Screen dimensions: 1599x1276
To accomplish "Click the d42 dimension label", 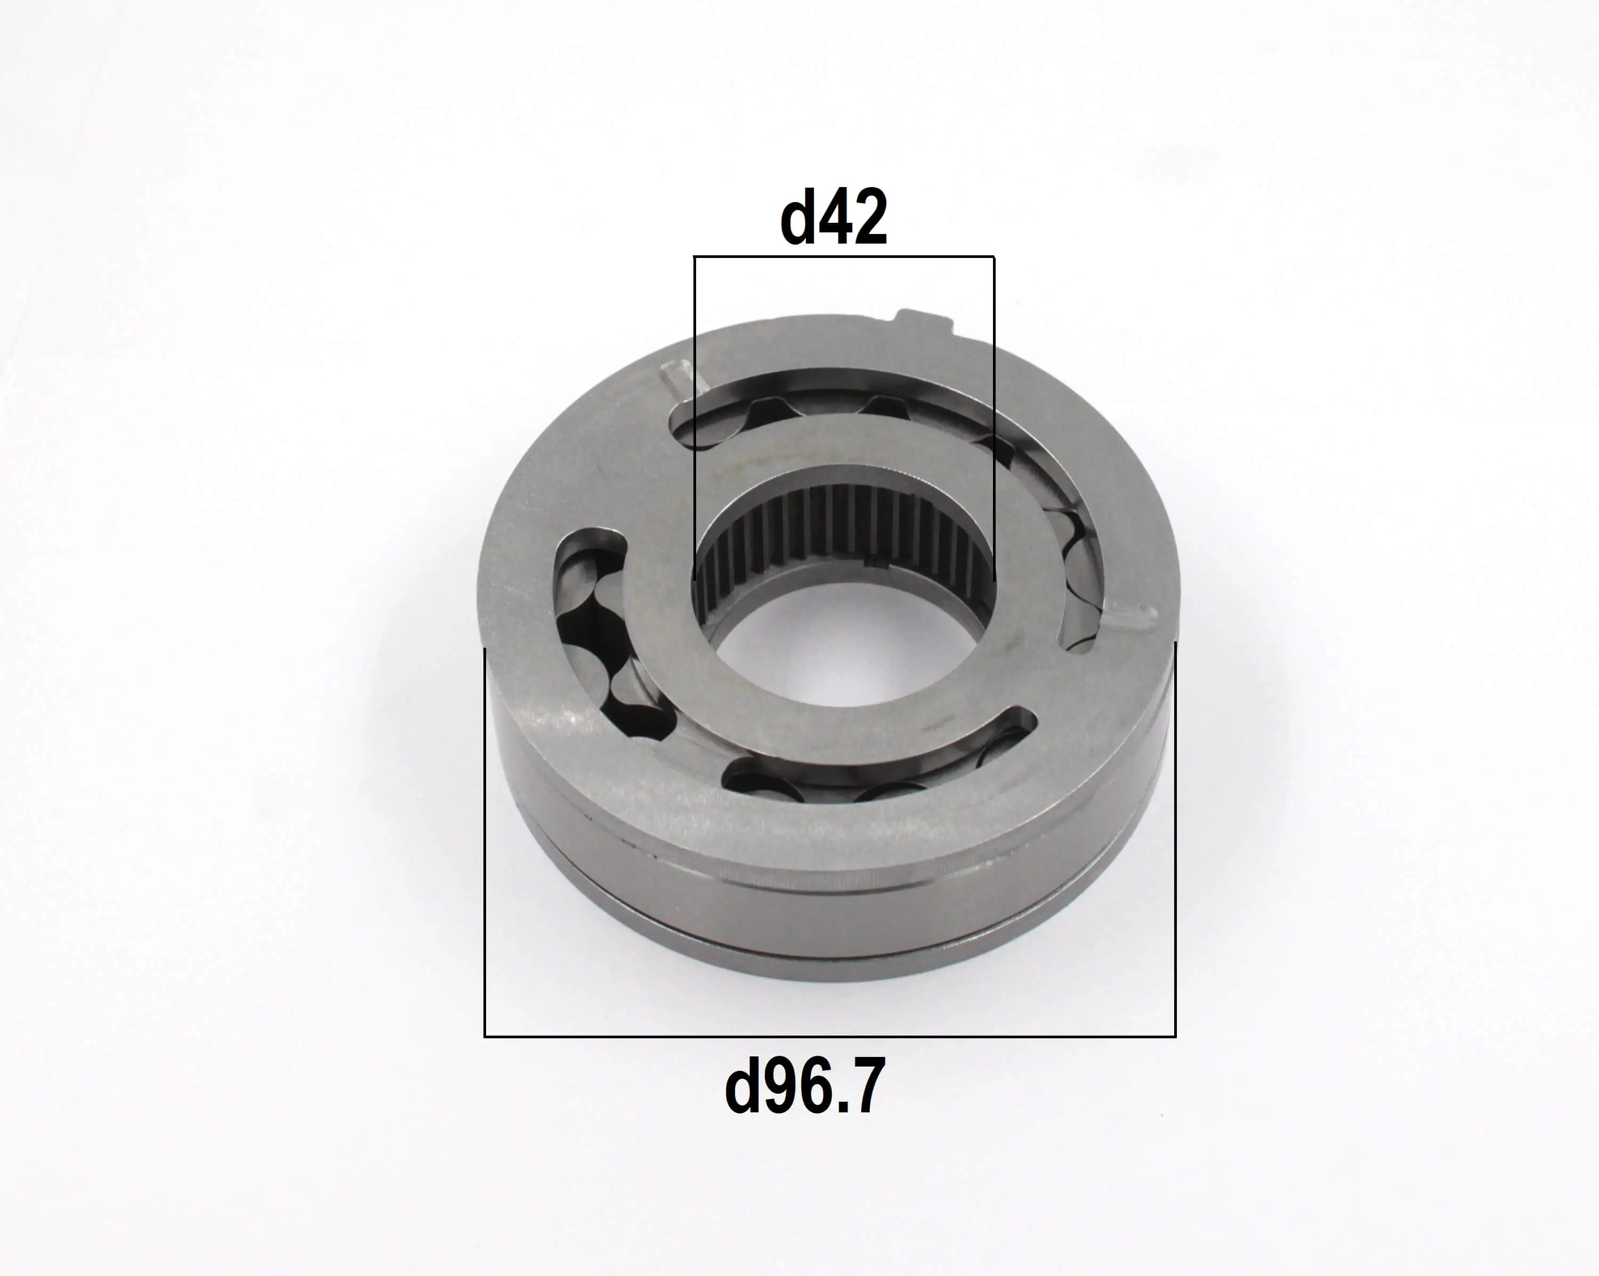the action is click(834, 217).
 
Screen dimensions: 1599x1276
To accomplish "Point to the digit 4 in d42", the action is click(834, 218).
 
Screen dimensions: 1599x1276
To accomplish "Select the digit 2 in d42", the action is click(870, 218).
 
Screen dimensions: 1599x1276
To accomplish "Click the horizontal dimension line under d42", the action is click(844, 257).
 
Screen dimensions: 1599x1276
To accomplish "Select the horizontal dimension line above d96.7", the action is click(830, 1036).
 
